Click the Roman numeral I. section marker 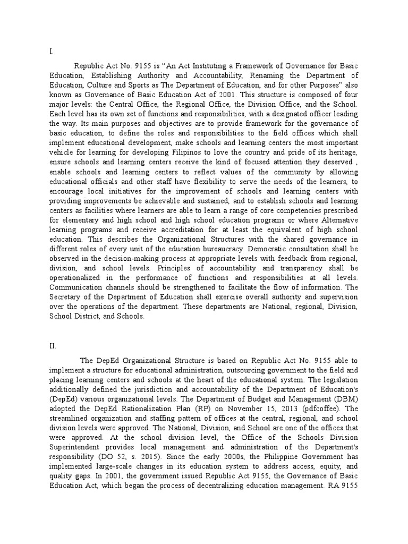51,52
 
